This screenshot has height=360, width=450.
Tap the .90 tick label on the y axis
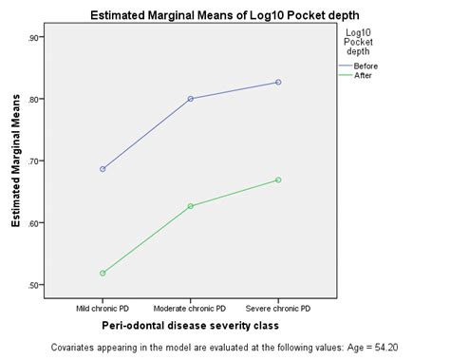[35, 37]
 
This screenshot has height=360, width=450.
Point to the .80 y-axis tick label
[35, 100]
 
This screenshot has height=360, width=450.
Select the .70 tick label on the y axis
[35, 161]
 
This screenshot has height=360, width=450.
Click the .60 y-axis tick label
[35, 223]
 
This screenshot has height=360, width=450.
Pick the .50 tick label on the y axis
[35, 285]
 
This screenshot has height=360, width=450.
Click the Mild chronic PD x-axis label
[103, 308]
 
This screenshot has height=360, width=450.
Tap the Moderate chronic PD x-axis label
[190, 308]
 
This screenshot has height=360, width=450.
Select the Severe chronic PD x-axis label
[277, 308]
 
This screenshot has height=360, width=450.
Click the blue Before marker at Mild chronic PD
[103, 169]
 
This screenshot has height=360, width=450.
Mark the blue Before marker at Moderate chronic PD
[190, 99]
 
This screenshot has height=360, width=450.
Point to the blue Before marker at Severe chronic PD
[278, 83]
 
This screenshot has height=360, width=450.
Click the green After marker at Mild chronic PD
[103, 274]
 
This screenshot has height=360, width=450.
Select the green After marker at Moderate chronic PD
[190, 206]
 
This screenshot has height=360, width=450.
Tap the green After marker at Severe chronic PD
[278, 180]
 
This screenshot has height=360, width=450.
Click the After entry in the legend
[366, 75]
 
